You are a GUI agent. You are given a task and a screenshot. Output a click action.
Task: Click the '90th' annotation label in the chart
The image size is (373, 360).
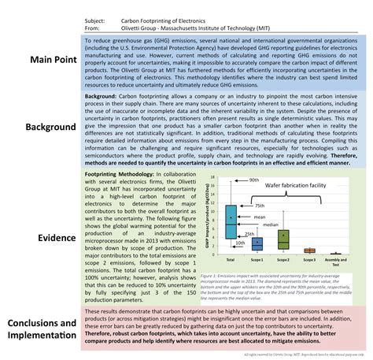[x=253, y=180]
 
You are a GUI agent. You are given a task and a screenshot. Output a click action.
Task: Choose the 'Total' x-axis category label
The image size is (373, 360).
[x=231, y=259]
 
